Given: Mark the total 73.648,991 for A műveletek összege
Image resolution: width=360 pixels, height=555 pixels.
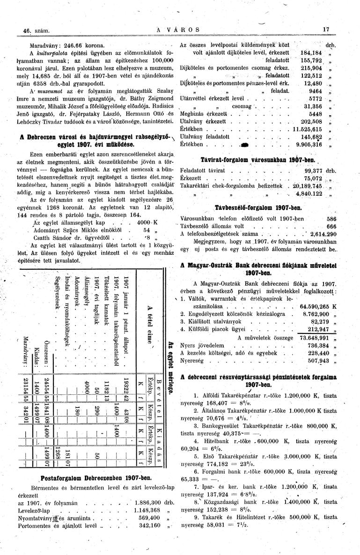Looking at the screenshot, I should (x=312, y=337).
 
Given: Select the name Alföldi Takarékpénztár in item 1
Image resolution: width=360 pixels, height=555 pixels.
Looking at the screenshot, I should (x=222, y=395).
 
